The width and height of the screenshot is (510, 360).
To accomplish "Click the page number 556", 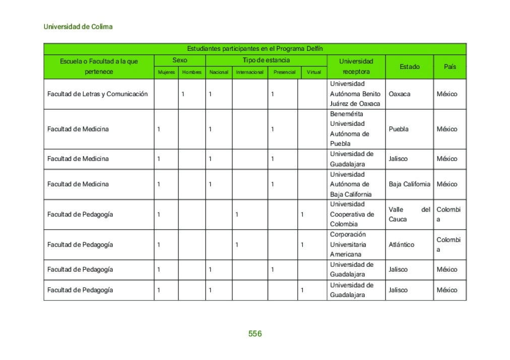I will [255, 334].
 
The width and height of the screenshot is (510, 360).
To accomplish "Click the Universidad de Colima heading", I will [78, 27].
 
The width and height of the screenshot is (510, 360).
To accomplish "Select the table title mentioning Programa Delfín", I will [254, 49].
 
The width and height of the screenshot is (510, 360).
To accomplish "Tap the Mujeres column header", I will [166, 73].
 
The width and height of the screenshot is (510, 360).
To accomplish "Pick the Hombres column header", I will [192, 73].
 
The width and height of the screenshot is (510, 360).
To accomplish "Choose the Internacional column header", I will [249, 73].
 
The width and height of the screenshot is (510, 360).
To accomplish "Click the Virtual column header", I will [313, 73].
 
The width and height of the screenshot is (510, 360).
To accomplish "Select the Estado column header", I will [409, 67].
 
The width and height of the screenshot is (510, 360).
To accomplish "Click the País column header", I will [450, 67].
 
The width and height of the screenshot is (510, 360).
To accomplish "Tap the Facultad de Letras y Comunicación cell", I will [98, 94].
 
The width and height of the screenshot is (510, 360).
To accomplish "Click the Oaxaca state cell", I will [400, 94].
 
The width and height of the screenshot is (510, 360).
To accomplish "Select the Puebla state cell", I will [399, 129].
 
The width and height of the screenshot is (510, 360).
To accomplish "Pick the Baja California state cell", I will [409, 184].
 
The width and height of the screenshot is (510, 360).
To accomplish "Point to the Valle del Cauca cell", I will [409, 214].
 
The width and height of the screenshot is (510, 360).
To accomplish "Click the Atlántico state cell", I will [402, 245].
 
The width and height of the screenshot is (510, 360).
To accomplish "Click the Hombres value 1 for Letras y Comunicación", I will [183, 94].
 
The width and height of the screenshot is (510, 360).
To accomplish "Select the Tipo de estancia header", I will [266, 60].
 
